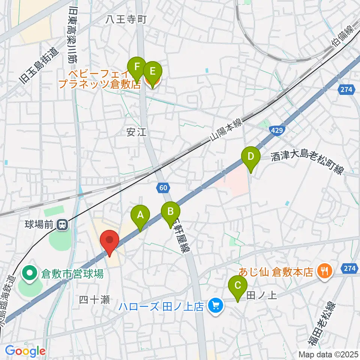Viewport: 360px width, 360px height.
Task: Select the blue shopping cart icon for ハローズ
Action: click(x=215, y=306)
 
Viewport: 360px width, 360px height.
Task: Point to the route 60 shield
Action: click(x=163, y=187)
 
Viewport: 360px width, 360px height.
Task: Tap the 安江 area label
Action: click(x=135, y=132)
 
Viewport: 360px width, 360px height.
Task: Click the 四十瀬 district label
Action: click(x=94, y=300)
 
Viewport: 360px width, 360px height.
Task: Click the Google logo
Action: click(x=25, y=351)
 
